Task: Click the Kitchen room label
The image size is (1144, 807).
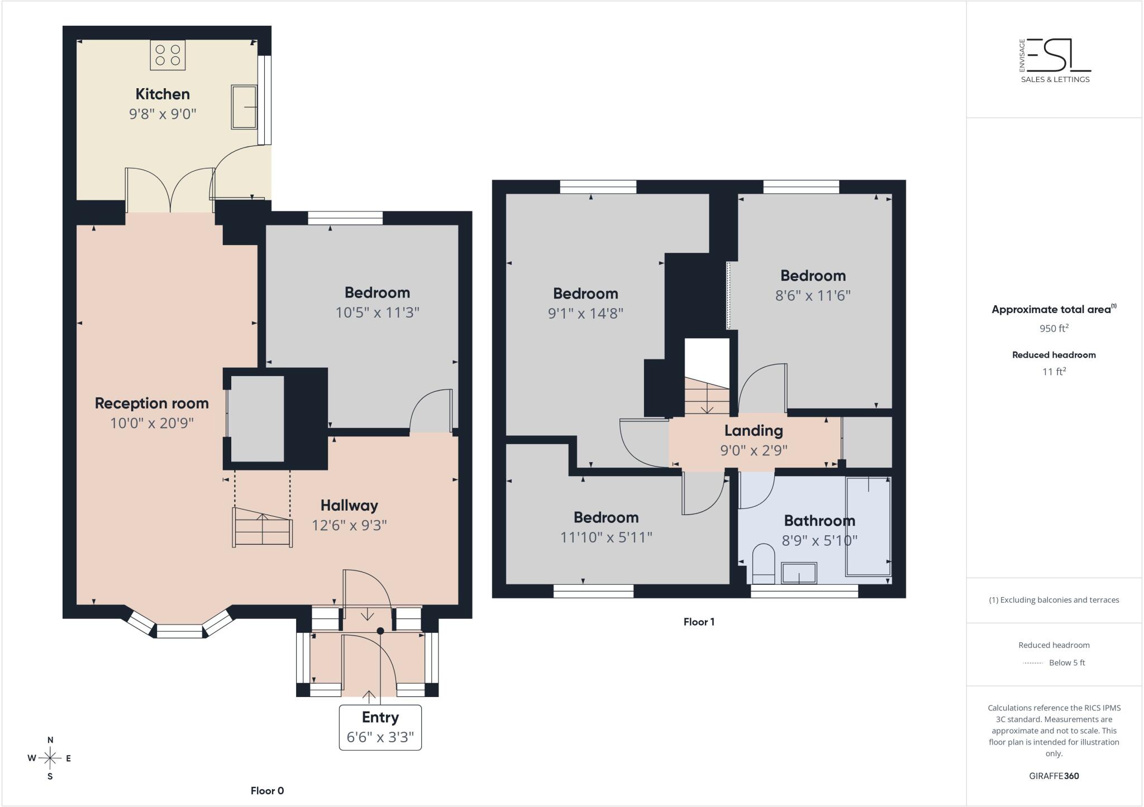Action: coord(163,94)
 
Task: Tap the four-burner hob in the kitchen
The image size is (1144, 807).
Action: coord(168,55)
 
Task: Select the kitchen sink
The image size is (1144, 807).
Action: coord(244,107)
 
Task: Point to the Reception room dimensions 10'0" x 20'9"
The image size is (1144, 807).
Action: coord(152,423)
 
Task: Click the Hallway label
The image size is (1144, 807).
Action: coord(349,506)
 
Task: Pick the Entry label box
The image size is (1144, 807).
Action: coord(380,728)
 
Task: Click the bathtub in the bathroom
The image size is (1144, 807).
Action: coord(868,526)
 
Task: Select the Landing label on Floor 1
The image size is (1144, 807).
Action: coord(754,430)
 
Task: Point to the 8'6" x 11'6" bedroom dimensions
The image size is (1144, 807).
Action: coord(813,295)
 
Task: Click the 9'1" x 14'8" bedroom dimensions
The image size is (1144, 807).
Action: coord(585,313)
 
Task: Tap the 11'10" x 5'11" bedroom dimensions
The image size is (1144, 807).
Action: coord(606,537)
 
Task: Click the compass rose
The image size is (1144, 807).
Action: coord(50,758)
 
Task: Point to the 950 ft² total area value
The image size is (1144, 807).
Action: coord(1054,328)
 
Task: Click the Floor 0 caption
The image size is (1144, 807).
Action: coord(267,791)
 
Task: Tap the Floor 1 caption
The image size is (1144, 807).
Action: coord(699,622)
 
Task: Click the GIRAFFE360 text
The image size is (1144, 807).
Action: coord(1054,776)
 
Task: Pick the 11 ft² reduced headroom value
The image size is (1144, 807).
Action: coord(1054,372)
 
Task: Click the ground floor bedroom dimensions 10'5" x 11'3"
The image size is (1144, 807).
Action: coord(377,313)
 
